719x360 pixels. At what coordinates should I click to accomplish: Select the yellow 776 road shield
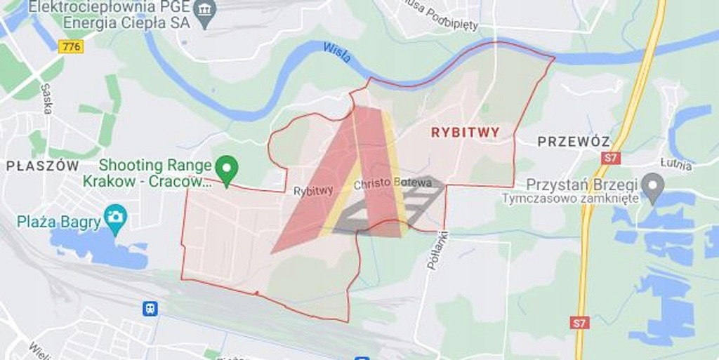(71, 46)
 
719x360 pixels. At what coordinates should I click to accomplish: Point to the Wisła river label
(338, 52)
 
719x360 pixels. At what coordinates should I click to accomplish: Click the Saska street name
(46, 98)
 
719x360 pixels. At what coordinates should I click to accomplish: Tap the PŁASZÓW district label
(43, 166)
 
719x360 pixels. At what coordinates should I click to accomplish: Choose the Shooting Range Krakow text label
(154, 173)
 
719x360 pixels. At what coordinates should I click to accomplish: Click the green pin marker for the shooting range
(226, 169)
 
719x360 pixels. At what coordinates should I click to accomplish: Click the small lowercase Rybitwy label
(313, 191)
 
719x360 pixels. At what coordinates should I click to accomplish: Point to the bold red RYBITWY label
(465, 132)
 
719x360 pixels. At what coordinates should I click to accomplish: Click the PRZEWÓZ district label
(574, 141)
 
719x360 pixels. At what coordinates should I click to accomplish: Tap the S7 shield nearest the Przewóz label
(610, 157)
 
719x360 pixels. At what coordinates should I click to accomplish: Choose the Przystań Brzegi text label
(582, 184)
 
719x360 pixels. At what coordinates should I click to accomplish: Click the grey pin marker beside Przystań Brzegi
(653, 186)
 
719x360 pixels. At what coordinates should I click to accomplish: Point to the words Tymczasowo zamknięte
(570, 198)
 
